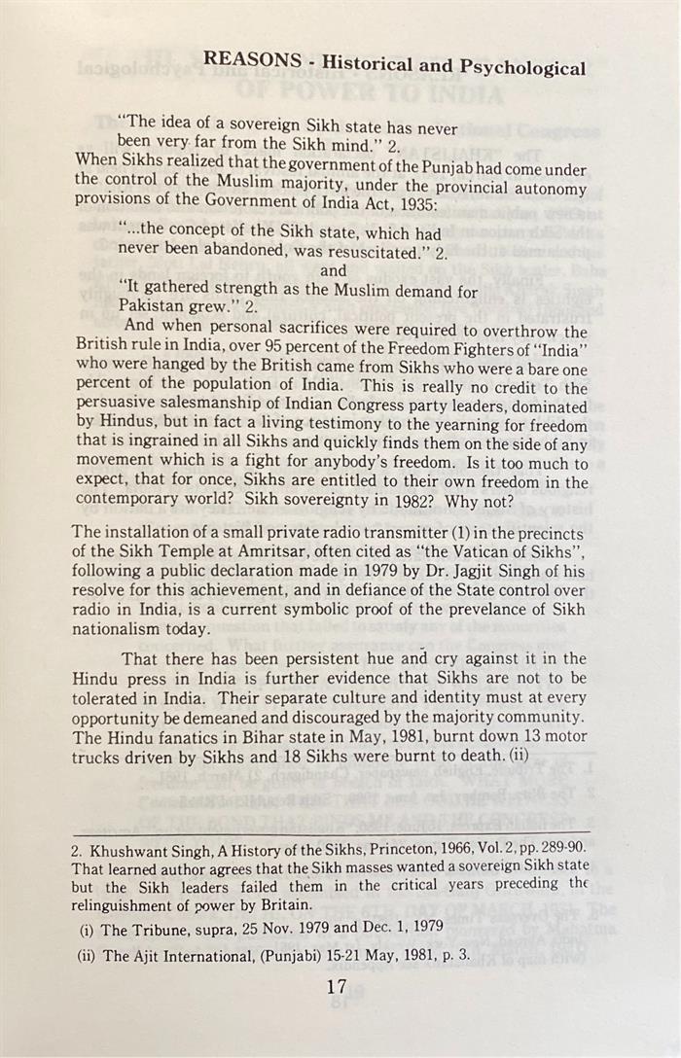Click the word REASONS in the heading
click(252, 60)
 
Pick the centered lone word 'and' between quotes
click(333, 271)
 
